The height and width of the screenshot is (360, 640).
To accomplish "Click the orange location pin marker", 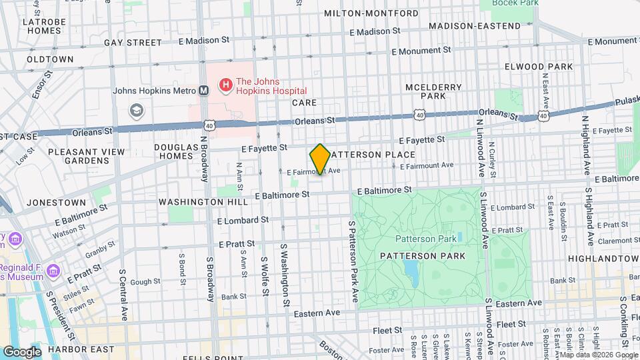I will tap(320, 159).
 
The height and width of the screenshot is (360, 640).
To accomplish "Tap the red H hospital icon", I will tap(225, 85).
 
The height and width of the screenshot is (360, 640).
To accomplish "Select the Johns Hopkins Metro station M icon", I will tap(203, 91).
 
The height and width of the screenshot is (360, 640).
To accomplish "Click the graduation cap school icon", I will tap(137, 109).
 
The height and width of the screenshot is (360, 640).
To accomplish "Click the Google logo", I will tap(22, 351).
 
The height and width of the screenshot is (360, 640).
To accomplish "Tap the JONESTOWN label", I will tap(57, 202).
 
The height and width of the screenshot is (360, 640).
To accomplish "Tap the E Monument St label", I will tap(421, 50).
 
